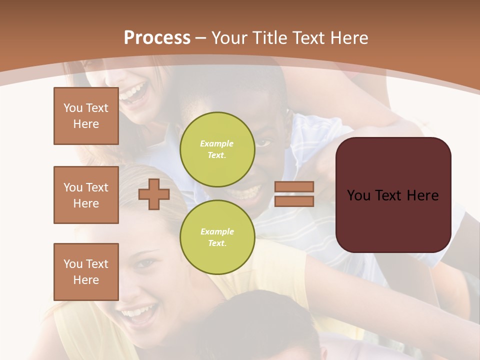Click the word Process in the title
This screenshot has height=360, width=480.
157,38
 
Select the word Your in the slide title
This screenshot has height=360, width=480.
230,38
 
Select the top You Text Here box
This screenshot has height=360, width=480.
86,116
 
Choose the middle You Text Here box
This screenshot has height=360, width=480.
86,195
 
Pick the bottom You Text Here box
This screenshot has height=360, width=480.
86,272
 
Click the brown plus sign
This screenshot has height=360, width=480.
153,194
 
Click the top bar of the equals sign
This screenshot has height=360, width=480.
294,186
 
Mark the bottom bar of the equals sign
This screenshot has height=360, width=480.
294,201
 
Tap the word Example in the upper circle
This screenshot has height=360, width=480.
216,143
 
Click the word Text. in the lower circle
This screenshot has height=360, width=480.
217,243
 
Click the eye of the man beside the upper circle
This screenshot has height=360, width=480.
263,143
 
